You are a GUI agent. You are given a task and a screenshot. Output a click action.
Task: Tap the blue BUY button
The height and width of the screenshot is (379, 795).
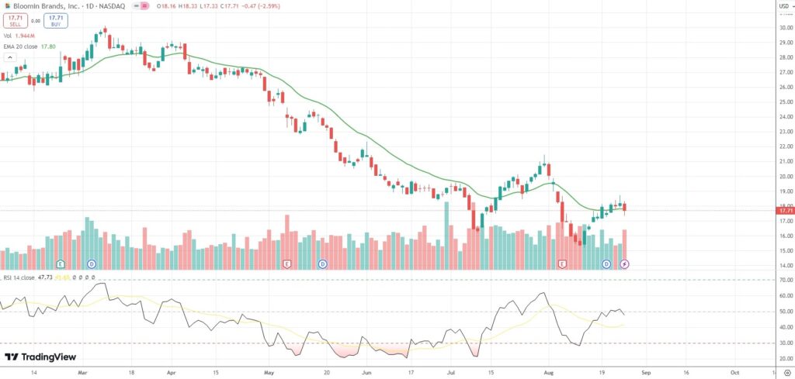pos(55,21)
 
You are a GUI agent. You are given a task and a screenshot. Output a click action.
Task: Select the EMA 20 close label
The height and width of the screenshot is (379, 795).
pos(21,46)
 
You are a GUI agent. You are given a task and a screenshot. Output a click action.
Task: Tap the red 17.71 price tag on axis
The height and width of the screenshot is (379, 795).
pos(785,210)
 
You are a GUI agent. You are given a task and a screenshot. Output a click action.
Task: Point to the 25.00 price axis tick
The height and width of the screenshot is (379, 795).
pos(785,102)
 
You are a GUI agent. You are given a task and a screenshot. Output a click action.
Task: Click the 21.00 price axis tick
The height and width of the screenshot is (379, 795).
pos(785,161)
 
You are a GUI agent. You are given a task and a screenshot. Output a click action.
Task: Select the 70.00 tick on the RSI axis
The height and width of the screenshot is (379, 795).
pos(785,280)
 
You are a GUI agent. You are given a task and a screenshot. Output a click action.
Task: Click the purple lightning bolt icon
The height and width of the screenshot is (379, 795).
pos(625,264)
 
